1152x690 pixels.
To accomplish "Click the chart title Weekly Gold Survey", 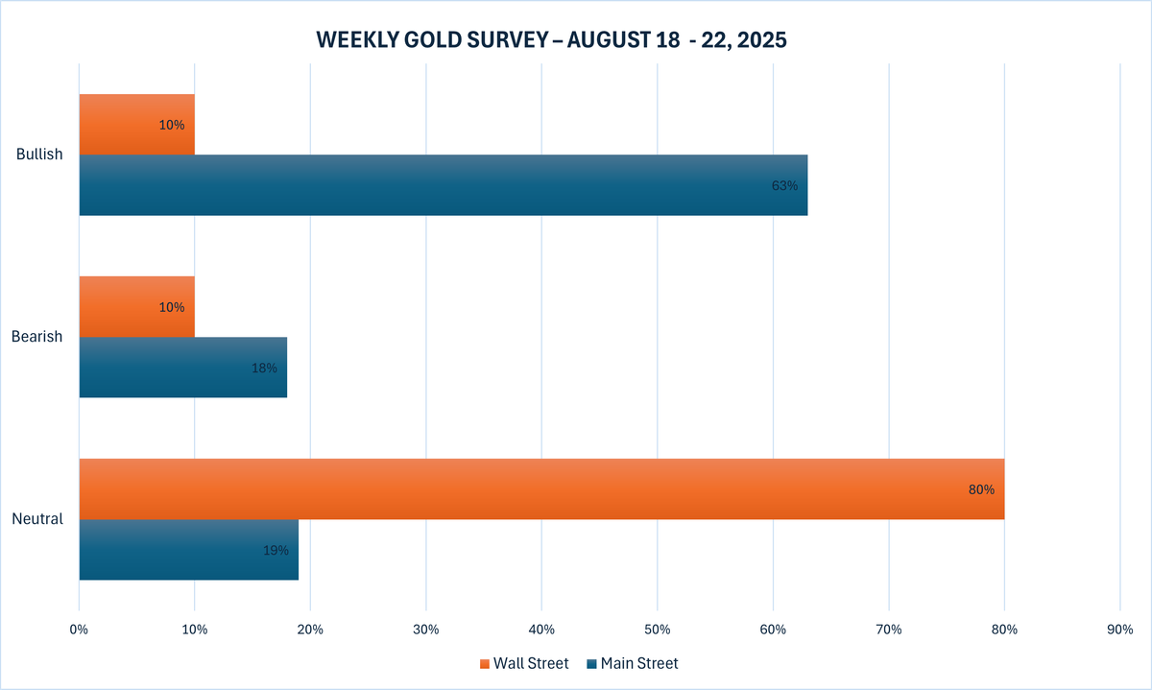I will tap(552, 40).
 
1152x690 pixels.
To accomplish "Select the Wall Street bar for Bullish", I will tap(136, 125).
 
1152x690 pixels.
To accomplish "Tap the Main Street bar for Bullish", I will tap(443, 185).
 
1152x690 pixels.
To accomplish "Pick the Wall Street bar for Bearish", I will tap(136, 307).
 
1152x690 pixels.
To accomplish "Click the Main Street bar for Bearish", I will tap(182, 368).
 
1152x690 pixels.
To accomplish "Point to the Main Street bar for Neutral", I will tap(188, 550).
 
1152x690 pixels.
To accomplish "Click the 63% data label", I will tap(784, 185).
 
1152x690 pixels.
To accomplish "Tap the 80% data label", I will tap(981, 489).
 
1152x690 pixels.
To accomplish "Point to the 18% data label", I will tap(264, 368).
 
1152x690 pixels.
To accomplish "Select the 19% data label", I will tap(276, 550).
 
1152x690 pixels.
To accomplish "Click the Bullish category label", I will tap(39, 155).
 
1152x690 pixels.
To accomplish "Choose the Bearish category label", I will tap(37, 337).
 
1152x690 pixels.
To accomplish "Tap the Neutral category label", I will tap(37, 519).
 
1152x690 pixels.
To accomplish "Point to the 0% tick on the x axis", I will tap(79, 630).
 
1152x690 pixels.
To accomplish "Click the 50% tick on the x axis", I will tap(657, 630).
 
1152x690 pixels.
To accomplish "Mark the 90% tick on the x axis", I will tap(1119, 630).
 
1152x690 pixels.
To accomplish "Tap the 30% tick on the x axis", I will tap(425, 630).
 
